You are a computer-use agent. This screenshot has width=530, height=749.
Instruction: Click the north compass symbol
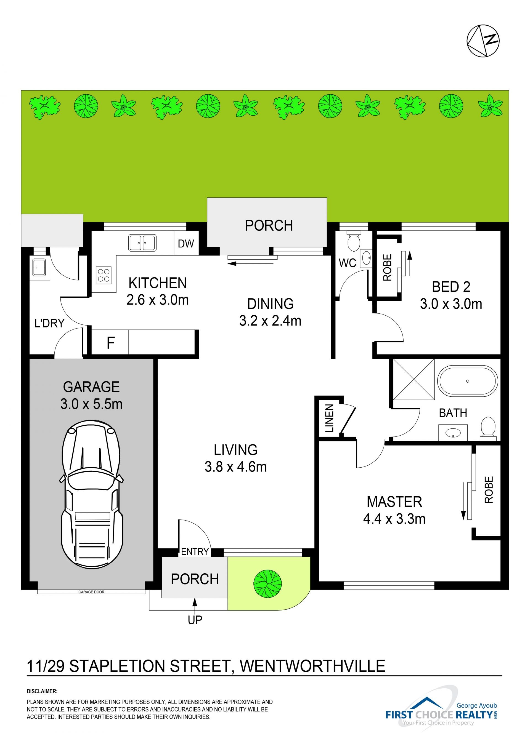(x=483, y=41)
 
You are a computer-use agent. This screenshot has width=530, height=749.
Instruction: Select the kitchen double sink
(x=142, y=243)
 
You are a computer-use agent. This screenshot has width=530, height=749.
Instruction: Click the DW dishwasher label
(x=186, y=244)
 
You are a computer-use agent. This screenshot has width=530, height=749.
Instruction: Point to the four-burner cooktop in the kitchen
(x=104, y=275)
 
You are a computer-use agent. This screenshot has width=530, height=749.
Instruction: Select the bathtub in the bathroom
(x=467, y=381)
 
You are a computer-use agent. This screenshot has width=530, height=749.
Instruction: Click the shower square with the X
(x=414, y=379)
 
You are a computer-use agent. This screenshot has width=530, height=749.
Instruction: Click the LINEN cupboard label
(x=330, y=418)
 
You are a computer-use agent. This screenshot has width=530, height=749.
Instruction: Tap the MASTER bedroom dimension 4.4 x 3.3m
(x=394, y=519)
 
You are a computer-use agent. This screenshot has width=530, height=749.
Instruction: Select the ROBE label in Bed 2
(x=387, y=268)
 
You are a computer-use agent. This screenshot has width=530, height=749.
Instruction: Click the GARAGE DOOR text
(x=91, y=592)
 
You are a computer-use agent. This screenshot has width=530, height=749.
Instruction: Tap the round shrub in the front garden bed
(x=267, y=583)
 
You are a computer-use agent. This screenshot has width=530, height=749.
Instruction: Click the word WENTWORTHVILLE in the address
(x=313, y=666)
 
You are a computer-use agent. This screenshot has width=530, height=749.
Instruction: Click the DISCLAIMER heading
(x=42, y=691)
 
